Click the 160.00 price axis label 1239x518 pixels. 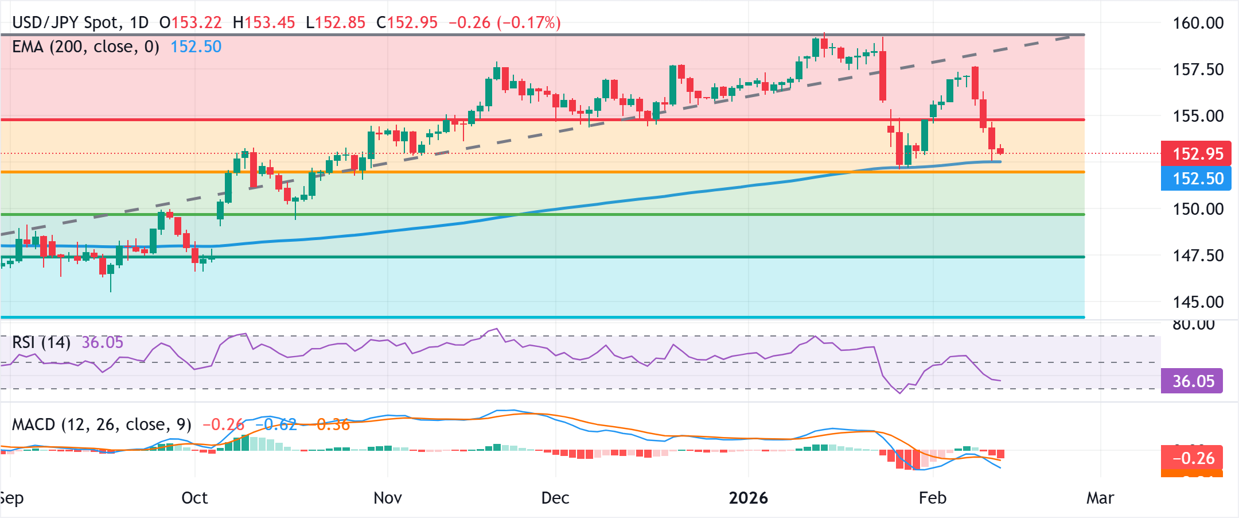click(x=1198, y=23)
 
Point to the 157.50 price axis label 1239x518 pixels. click(x=1198, y=69)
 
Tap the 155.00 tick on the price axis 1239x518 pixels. click(x=1198, y=116)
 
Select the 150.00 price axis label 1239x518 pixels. click(x=1198, y=209)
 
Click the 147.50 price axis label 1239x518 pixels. click(x=1198, y=256)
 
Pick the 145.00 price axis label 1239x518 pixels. click(x=1198, y=302)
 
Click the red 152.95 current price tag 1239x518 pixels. click(x=1197, y=154)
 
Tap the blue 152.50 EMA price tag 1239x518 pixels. click(x=1197, y=179)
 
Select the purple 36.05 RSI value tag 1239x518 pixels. click(x=1192, y=381)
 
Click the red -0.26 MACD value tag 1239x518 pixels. click(x=1192, y=458)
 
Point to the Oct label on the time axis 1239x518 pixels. click(x=194, y=498)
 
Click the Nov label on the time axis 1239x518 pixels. click(x=387, y=498)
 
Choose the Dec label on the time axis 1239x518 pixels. click(x=555, y=498)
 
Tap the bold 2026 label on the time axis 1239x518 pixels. click(x=748, y=498)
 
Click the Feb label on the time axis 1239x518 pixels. click(x=932, y=498)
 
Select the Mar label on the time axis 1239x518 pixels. click(x=1100, y=498)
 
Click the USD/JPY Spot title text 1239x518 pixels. click(x=67, y=23)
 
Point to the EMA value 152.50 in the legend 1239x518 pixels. click(x=196, y=47)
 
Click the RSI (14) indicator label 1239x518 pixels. click(x=41, y=343)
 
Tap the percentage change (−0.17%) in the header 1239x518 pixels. click(x=528, y=23)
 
